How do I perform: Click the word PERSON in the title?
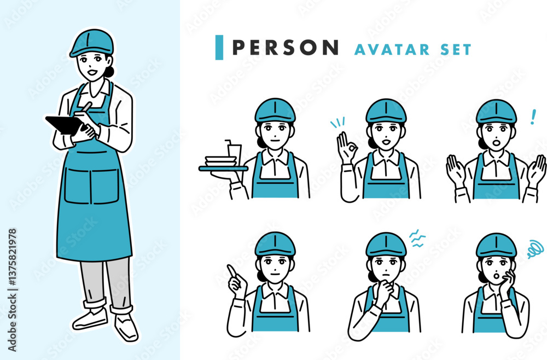[285, 48]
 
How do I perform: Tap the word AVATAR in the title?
[392, 50]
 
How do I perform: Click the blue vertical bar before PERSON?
[219, 48]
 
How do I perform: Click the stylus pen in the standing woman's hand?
[85, 106]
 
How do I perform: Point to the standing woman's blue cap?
[91, 43]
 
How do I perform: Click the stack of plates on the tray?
[221, 161]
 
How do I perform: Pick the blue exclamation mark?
[533, 117]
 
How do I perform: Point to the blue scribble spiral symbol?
[535, 249]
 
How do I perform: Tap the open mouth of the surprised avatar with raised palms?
[496, 143]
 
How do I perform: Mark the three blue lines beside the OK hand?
[337, 122]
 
